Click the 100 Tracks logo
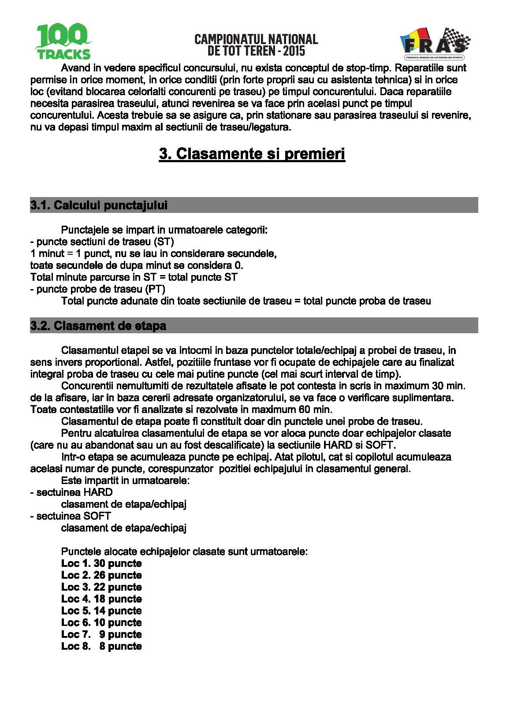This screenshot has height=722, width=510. tap(63, 42)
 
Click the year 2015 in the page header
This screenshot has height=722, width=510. tap(294, 51)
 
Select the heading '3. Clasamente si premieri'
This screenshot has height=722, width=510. tap(252, 154)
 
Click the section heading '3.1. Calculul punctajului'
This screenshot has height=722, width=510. tap(99, 205)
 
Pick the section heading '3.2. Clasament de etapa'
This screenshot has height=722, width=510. tap(98, 326)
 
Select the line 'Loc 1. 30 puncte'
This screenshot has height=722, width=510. tap(101, 564)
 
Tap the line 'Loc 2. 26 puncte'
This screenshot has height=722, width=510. tap(101, 576)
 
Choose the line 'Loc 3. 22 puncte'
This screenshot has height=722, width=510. tap(101, 588)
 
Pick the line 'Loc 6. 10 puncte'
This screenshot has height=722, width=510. tap(101, 623)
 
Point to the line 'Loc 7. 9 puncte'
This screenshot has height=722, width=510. tap(101, 635)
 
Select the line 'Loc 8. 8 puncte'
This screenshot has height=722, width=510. tap(101, 647)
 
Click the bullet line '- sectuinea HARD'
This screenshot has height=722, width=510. tap(71, 492)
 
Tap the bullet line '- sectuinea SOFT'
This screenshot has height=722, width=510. tap(71, 516)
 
